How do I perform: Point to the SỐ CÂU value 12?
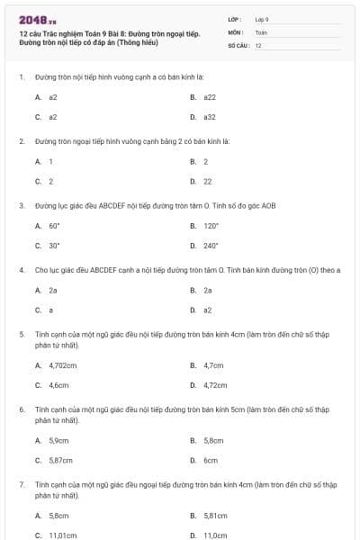click(258, 44)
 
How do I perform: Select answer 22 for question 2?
click(207, 181)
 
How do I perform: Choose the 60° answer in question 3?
click(54, 226)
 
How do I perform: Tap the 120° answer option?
click(211, 226)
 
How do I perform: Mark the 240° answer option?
click(211, 245)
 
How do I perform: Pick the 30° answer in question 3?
click(54, 245)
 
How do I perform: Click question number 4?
click(21, 269)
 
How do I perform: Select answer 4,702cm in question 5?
click(63, 365)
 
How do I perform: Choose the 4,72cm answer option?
click(215, 385)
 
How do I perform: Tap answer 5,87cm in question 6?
click(60, 460)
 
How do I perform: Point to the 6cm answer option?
click(211, 460)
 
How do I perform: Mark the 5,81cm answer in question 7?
click(215, 516)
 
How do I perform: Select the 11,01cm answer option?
click(63, 535)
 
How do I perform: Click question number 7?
click(21, 484)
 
